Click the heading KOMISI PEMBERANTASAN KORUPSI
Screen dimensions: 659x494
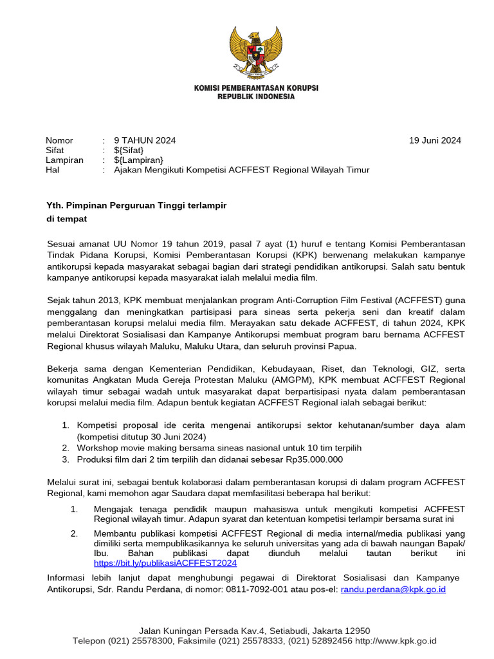point(256,88)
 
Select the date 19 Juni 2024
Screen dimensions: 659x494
point(435,140)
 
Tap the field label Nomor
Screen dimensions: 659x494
point(59,140)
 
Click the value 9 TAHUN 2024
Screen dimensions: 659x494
point(145,140)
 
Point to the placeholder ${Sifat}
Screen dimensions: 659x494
point(129,150)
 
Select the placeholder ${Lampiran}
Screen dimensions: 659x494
point(138,160)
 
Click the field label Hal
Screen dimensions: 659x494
point(52,170)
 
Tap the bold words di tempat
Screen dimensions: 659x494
point(66,219)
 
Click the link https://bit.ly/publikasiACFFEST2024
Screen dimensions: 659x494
point(165,562)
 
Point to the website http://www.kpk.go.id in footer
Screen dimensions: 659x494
point(396,641)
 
